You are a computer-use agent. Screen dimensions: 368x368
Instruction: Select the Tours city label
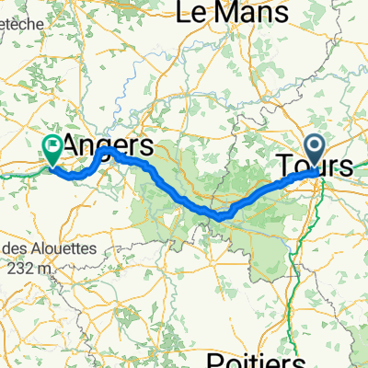316,166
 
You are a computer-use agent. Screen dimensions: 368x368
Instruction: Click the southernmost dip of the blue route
221,216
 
